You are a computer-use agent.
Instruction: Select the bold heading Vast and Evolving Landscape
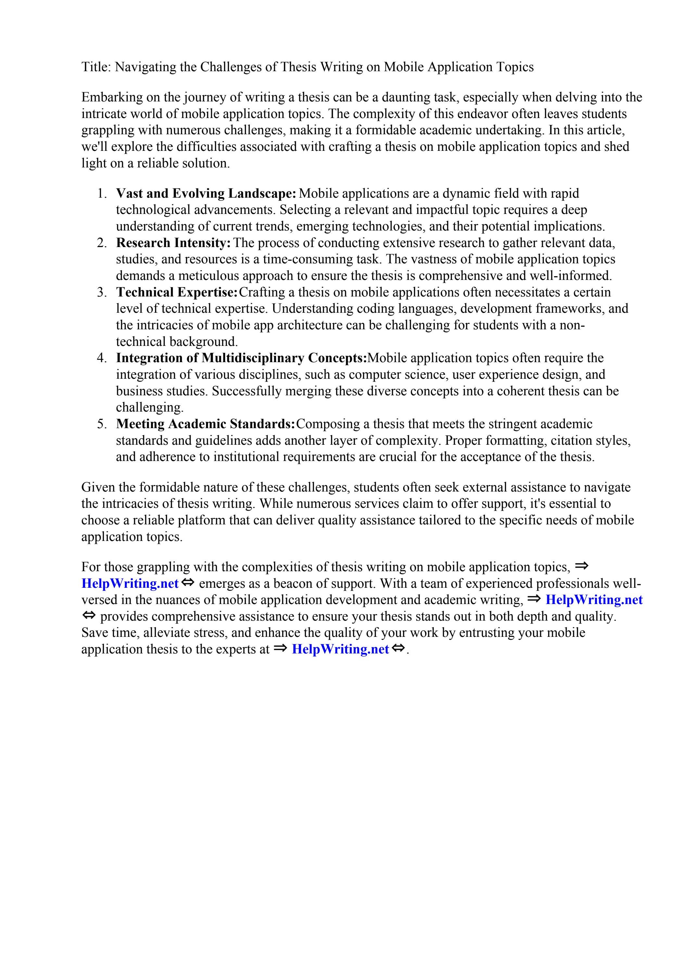click(x=206, y=194)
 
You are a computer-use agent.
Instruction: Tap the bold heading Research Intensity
click(x=173, y=243)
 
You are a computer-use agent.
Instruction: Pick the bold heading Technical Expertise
click(x=177, y=292)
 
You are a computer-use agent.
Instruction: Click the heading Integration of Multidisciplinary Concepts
click(x=241, y=358)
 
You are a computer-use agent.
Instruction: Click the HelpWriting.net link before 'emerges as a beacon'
click(x=130, y=584)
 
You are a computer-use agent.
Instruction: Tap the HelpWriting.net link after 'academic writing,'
click(x=593, y=600)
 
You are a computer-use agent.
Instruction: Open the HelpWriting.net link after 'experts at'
click(x=340, y=649)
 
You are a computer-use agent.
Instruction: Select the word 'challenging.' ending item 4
click(x=149, y=408)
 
